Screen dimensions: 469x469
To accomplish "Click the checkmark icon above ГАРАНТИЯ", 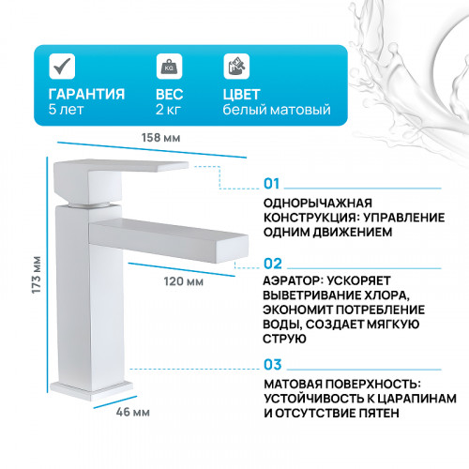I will [x=61, y=67].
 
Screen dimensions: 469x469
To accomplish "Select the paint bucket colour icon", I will [x=234, y=67].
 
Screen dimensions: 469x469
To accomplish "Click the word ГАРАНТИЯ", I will [x=86, y=93].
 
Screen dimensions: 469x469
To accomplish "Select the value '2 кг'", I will [x=170, y=110].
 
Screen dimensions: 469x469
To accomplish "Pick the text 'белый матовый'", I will [x=276, y=110].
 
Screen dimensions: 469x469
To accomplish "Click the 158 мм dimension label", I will [x=165, y=139].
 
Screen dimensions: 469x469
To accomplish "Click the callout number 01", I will [x=273, y=183].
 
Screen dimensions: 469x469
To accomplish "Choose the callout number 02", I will [x=273, y=265].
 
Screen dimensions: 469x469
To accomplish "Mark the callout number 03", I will [x=273, y=364].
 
